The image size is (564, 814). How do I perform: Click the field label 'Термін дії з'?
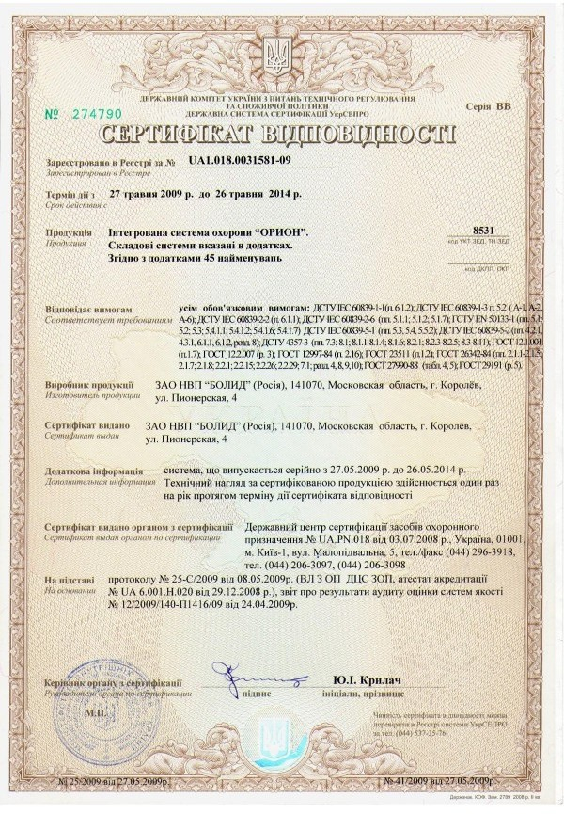(x=70, y=195)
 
